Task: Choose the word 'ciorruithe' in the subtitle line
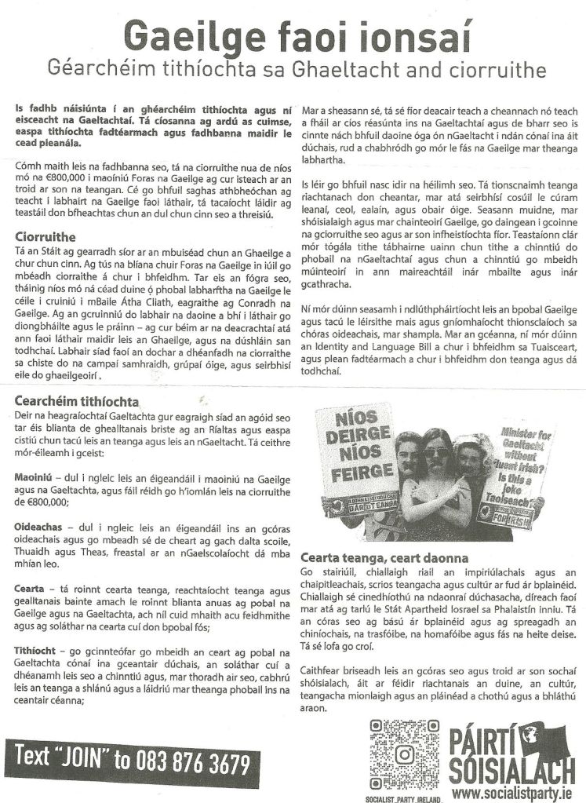[x=490, y=71]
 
